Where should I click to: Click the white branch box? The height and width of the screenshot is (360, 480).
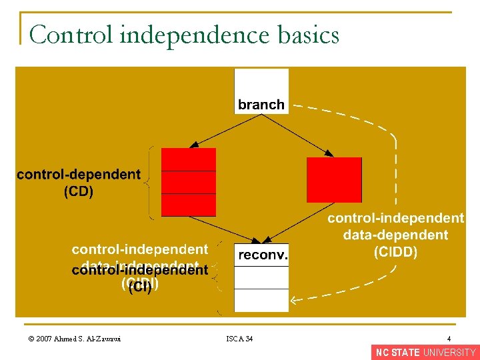(x=261, y=91)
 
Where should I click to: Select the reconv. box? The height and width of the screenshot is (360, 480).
(x=261, y=254)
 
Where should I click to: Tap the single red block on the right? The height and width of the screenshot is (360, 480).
(x=334, y=179)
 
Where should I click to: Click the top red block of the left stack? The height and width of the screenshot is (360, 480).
(x=189, y=159)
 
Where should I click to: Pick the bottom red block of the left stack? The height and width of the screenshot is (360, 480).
(x=189, y=205)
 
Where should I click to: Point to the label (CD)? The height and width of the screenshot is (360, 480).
(x=79, y=192)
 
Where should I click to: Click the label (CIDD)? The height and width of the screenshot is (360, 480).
(x=395, y=251)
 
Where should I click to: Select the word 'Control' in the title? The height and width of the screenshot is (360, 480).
(x=71, y=35)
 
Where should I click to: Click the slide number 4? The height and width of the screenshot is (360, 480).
(x=449, y=339)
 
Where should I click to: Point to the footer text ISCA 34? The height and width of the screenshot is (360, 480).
(x=239, y=339)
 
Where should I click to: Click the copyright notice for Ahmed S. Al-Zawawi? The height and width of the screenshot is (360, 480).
(x=71, y=339)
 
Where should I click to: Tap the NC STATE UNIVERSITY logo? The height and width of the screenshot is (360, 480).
(x=425, y=353)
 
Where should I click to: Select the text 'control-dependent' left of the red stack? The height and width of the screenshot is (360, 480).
(x=79, y=175)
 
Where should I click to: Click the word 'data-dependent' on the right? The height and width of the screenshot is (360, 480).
(x=395, y=235)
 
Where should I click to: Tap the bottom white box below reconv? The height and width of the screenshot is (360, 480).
(x=261, y=300)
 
